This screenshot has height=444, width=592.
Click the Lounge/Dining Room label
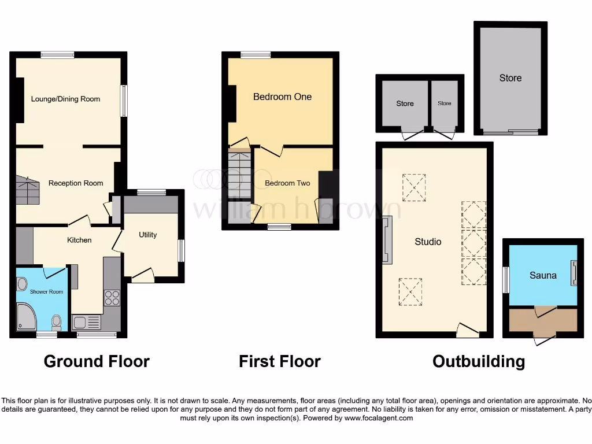65,99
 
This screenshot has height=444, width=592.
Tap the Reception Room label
76,183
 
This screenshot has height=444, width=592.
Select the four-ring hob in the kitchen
112,298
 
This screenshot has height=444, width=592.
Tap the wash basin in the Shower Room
22,284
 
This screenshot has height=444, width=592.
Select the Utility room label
147,235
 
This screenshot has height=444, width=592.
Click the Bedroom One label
282,97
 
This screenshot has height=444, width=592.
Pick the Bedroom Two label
287,183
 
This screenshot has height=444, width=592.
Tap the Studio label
428,242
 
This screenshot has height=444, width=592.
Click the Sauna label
543,275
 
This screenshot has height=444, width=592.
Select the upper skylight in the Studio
415,187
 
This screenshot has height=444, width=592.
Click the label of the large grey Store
510,78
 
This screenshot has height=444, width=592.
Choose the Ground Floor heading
97,362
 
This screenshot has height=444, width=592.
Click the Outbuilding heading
479,362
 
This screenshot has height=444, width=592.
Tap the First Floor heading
280,362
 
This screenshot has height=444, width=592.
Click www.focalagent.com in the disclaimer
378,418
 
